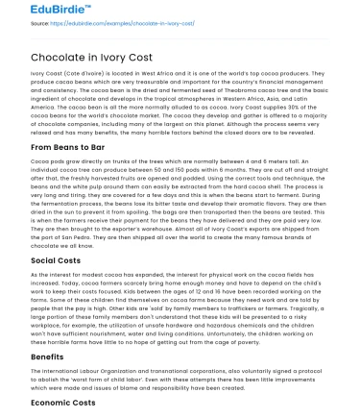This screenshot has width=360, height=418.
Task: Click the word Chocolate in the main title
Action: coord(39,57)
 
